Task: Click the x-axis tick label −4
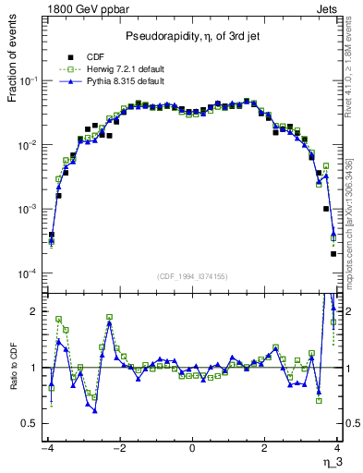[46, 448]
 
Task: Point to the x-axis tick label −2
[118, 448]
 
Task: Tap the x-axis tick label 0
[192, 448]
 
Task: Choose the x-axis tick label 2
[265, 448]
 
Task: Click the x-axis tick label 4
[338, 448]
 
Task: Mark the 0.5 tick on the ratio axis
[31, 423]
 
